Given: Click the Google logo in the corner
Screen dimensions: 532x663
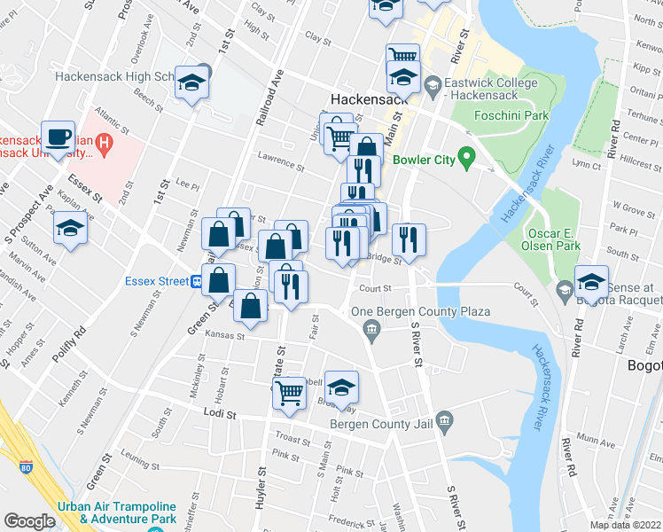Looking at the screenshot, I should pyautogui.click(x=29, y=521).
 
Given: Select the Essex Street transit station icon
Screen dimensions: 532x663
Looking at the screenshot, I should pyautogui.click(x=197, y=281).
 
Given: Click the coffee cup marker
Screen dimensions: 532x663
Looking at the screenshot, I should pyautogui.click(x=58, y=137).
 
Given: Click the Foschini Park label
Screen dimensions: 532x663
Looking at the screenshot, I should pyautogui.click(x=512, y=115).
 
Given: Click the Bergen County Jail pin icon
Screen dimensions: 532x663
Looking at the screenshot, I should pyautogui.click(x=445, y=419).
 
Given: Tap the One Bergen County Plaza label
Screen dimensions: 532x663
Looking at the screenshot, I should pyautogui.click(x=409, y=312).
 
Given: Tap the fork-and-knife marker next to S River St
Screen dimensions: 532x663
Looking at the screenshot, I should pyautogui.click(x=409, y=238).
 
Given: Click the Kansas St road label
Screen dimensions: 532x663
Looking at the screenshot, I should pyautogui.click(x=224, y=336).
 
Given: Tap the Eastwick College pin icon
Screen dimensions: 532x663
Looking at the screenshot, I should pyautogui.click(x=433, y=86).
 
